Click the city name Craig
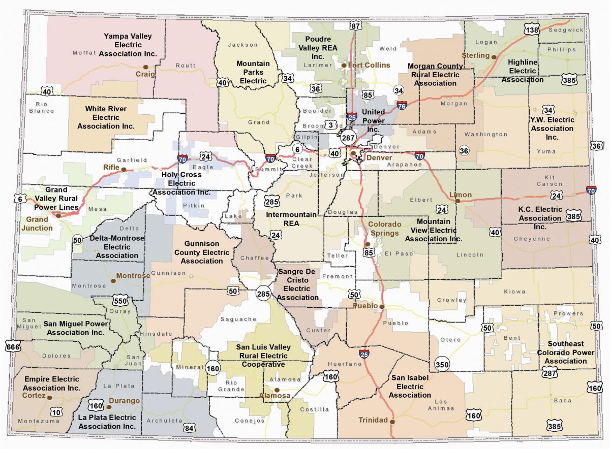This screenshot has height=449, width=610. tap(145, 74)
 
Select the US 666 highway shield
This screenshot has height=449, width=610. tap(12, 346)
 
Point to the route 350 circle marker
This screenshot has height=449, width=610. tap(442, 364)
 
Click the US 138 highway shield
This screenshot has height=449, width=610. tap(532, 30)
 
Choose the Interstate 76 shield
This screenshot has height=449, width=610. tap(401, 106)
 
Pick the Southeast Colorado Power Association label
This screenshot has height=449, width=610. tap(565, 352)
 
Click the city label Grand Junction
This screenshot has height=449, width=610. tap(37, 224)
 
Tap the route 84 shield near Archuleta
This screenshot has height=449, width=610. tap(189, 428)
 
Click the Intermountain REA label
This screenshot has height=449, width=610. tap(291, 218)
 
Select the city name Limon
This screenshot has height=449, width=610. tap(461, 195)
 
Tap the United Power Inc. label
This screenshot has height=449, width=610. tap(373, 120)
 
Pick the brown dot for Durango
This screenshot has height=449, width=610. tap(109, 407)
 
